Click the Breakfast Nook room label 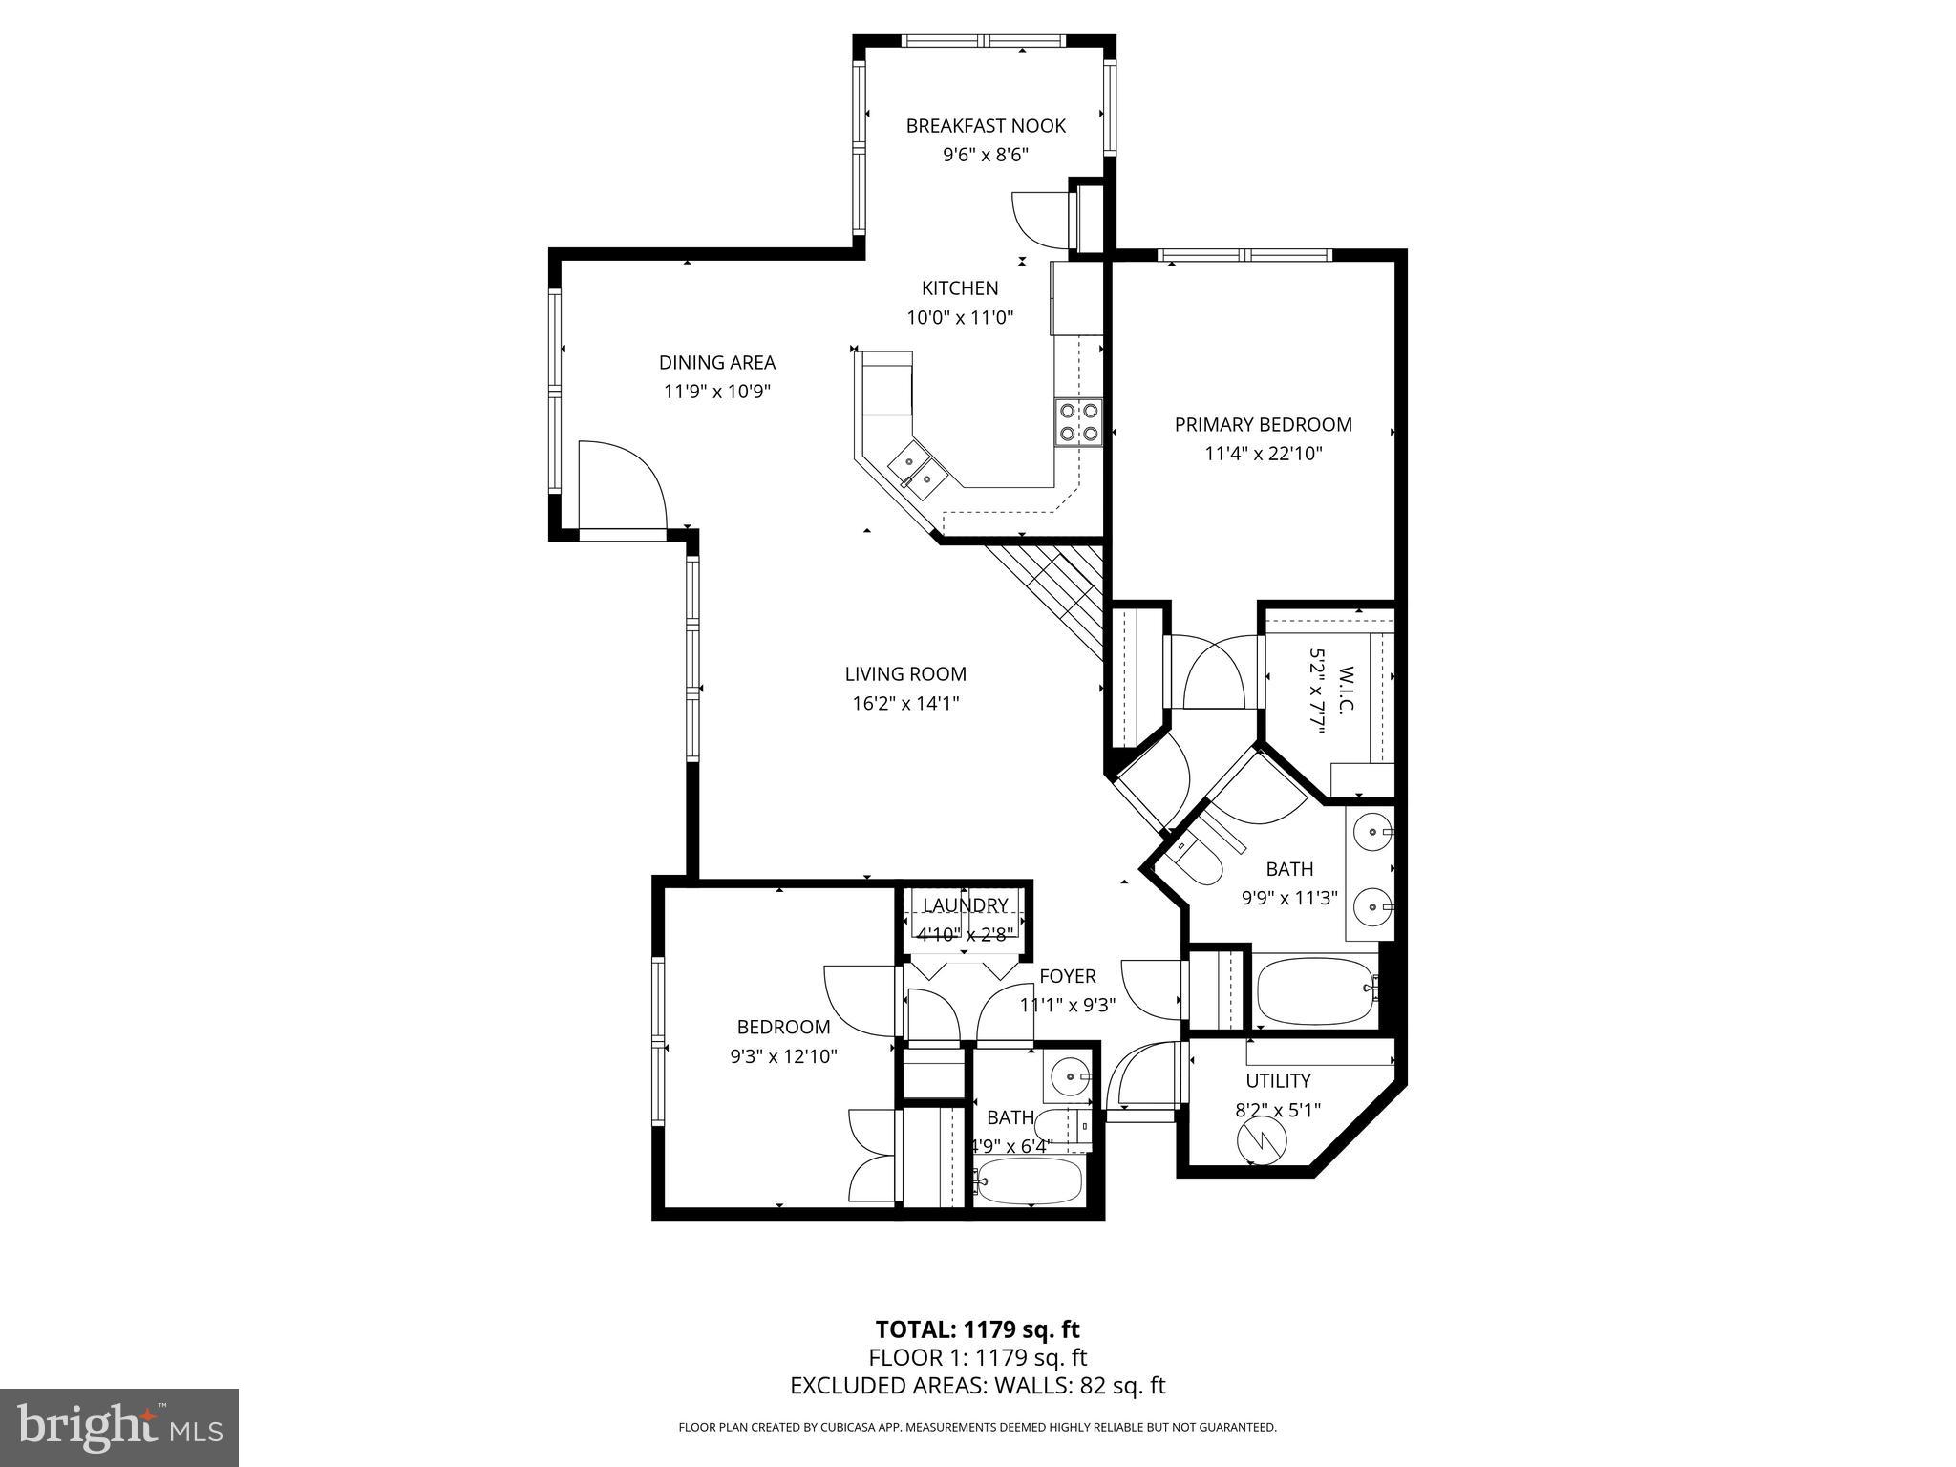pos(986,126)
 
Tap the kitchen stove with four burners pos(1078,422)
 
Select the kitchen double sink pos(918,471)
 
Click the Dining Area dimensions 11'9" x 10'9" pos(716,392)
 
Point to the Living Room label pos(905,674)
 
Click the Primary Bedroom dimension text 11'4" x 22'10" pos(1263,454)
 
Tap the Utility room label pos(1278,1081)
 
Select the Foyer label pos(1068,976)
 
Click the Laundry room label pos(965,905)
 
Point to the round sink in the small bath pos(1069,1078)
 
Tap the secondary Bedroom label pos(783,1027)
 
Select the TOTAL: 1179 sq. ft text pos(977,1329)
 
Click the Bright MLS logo pos(119,1427)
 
